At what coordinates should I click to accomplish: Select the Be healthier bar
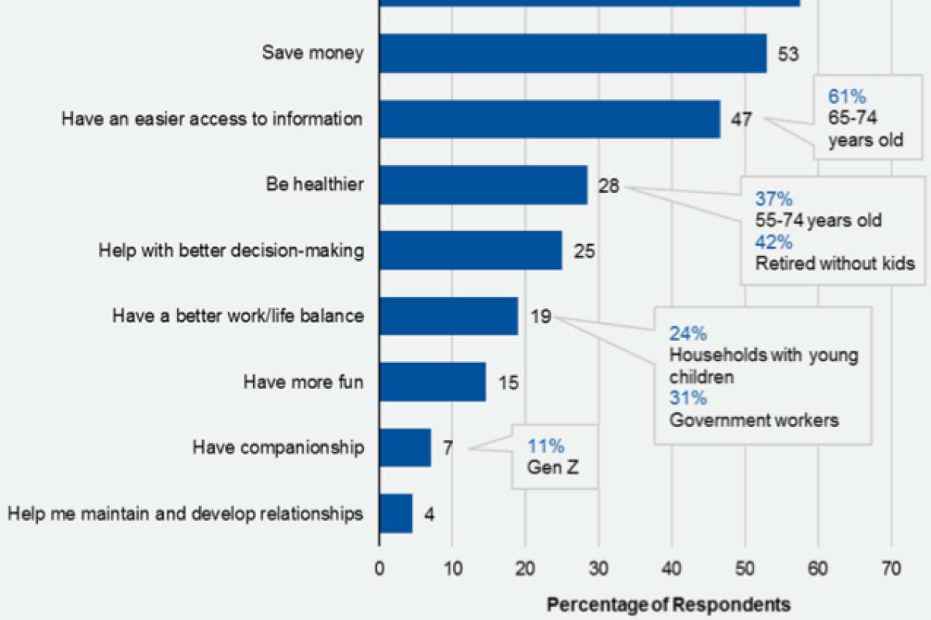[x=483, y=185]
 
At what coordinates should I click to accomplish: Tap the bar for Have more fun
[x=432, y=381]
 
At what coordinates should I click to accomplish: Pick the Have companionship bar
[x=405, y=447]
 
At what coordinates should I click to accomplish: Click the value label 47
[x=739, y=120]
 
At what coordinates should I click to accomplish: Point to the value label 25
[x=584, y=251]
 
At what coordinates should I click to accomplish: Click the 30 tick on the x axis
[x=598, y=569]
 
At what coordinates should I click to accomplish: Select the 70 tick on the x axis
[x=891, y=569]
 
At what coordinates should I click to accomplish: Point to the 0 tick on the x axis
[x=379, y=569]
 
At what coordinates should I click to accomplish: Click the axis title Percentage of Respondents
[x=669, y=604]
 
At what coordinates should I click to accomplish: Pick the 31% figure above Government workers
[x=688, y=398]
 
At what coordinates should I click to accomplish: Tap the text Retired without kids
[x=835, y=263]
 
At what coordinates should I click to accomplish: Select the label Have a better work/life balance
[x=238, y=316]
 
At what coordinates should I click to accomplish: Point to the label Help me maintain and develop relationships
[x=184, y=513]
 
